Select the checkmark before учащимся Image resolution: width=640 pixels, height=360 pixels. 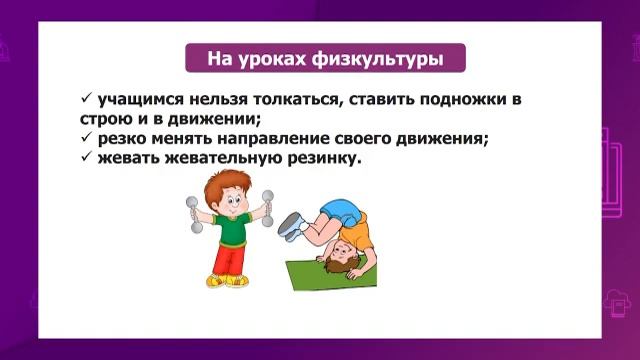(x=86, y=100)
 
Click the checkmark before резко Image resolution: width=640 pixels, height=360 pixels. (x=86, y=139)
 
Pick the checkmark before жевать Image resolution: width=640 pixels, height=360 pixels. (x=86, y=158)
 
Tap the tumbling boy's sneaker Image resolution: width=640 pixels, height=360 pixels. (x=291, y=226)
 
